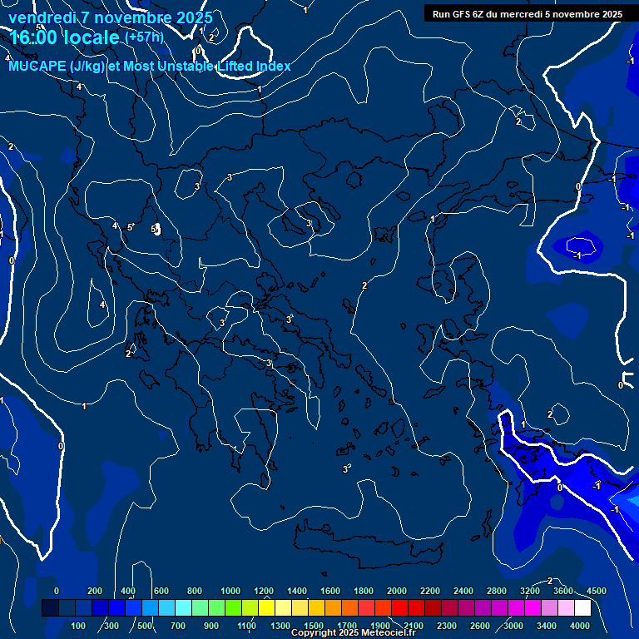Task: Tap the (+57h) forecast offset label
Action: (144, 37)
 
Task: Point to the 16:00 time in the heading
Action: (36, 38)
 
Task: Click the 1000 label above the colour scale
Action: (230, 591)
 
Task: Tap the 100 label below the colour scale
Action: (79, 626)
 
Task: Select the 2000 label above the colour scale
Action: (397, 591)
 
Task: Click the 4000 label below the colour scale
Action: (580, 626)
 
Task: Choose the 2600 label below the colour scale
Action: (480, 626)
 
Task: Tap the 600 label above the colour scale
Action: (161, 591)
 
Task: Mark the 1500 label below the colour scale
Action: (314, 626)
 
